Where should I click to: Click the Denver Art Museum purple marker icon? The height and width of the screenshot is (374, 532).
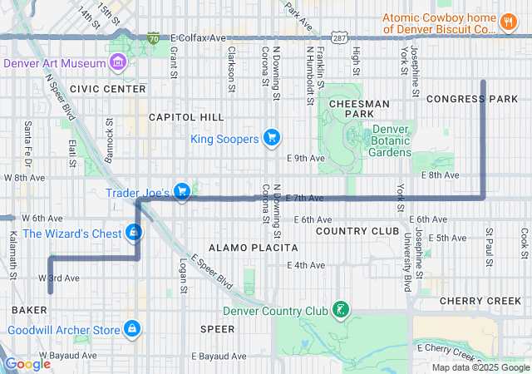point(117,62)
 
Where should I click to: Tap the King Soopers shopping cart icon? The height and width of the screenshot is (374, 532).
point(271,138)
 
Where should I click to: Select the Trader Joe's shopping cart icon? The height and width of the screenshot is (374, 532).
point(182,193)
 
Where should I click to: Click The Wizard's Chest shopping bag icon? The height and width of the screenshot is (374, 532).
point(134,233)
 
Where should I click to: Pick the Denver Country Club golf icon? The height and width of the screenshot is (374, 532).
point(339,312)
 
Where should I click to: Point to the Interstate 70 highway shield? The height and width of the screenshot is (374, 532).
point(153,38)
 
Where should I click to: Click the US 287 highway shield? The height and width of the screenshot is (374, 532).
point(339,38)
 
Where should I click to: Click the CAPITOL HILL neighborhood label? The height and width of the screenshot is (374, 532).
point(186,117)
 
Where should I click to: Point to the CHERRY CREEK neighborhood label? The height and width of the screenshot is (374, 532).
point(480,300)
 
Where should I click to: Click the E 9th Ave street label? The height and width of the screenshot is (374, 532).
point(304,157)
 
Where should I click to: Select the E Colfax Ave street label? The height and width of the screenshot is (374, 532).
point(198,38)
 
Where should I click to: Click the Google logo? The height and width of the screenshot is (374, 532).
point(28,363)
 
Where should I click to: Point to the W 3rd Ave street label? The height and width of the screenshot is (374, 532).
point(59,278)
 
